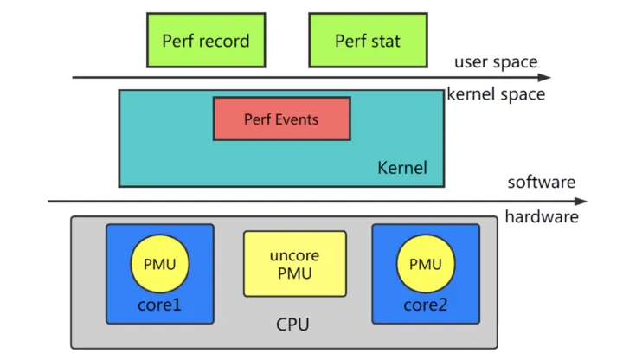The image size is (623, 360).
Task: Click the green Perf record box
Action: click(205, 40)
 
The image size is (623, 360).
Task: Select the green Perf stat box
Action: click(368, 40)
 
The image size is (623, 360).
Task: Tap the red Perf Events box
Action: click(281, 119)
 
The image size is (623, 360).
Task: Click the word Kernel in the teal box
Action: click(402, 167)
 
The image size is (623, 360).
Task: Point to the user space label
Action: click(496, 62)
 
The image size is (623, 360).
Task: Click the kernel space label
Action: click(496, 94)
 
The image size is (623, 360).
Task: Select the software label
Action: click(542, 183)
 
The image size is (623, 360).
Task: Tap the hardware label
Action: click(542, 216)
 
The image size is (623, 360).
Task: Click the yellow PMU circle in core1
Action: click(159, 263)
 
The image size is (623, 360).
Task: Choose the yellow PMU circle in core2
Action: click(425, 263)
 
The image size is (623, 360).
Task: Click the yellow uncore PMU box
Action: click(294, 264)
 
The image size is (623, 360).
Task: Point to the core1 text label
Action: click(159, 305)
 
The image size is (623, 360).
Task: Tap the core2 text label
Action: click(425, 305)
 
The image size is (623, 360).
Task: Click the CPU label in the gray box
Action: click(292, 325)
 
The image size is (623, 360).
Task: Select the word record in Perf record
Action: click(224, 41)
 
